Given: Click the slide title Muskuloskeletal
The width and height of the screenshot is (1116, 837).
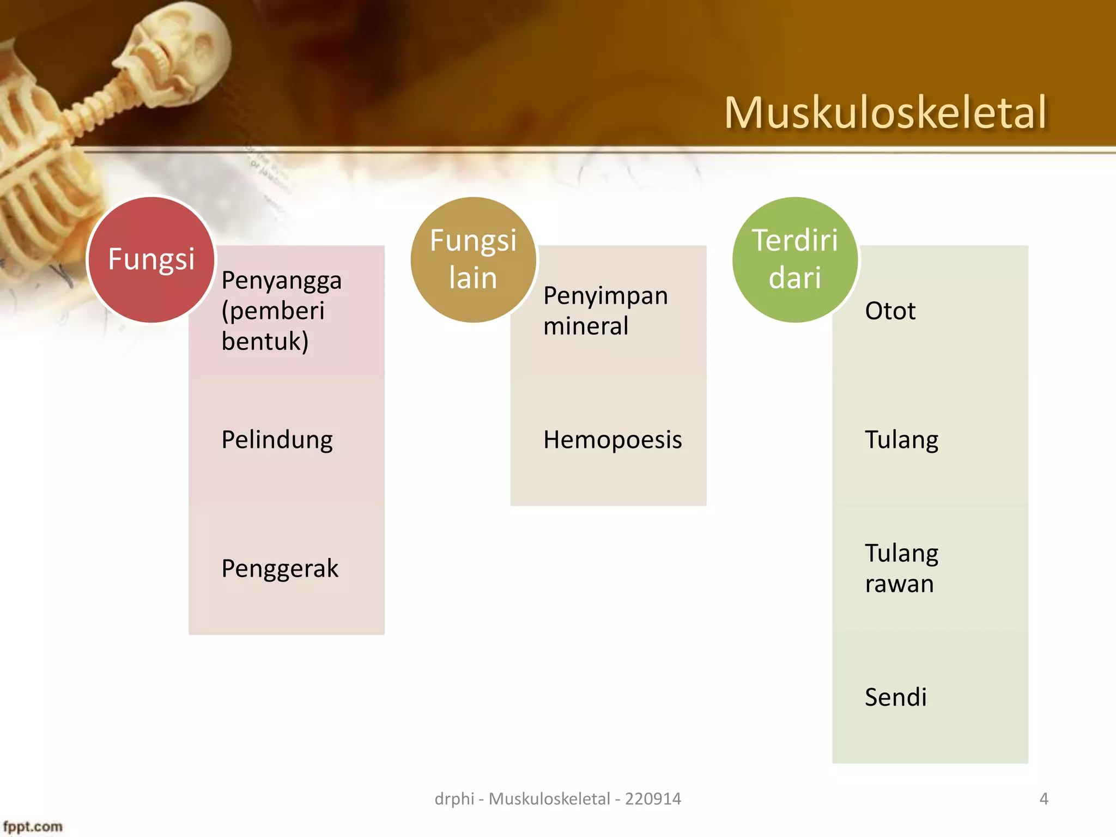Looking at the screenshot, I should [x=885, y=113].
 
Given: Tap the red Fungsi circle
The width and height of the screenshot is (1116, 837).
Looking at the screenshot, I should [x=151, y=259].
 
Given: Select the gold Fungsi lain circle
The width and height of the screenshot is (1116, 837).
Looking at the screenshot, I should [x=473, y=259].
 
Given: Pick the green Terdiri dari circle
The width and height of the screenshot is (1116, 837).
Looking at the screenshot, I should [x=795, y=259].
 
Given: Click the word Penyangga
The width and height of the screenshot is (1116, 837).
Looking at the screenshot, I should [x=281, y=281].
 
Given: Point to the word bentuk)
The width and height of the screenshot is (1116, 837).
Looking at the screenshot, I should [x=265, y=342].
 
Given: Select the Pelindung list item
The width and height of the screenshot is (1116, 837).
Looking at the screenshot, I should [x=277, y=440].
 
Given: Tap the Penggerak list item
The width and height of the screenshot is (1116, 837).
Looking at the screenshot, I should [x=280, y=569].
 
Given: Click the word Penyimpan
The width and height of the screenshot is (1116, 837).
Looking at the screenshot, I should [x=605, y=296].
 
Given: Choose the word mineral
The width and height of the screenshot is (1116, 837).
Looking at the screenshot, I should [x=586, y=326].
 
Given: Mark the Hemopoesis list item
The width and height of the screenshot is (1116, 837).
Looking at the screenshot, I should [x=612, y=440].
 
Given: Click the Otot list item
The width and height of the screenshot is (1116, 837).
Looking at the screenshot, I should [x=890, y=311].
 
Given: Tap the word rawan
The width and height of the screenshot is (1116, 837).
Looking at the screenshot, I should [x=899, y=584].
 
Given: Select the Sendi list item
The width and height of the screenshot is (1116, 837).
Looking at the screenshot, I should [x=895, y=697].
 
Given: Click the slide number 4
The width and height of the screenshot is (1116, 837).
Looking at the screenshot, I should [x=1044, y=799].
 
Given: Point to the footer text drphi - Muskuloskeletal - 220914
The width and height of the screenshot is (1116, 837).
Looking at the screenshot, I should [x=557, y=799].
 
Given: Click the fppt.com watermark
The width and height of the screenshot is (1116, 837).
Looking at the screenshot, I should [x=33, y=827].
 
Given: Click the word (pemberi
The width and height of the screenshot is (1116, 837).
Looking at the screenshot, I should [x=273, y=311].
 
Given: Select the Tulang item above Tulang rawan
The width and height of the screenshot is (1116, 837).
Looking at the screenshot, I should [x=901, y=440].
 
